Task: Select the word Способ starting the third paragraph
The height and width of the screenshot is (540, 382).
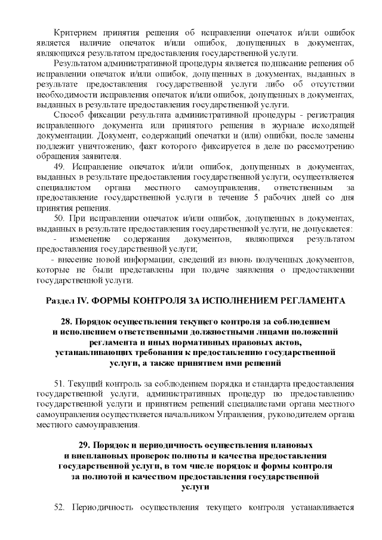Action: pos(67,115)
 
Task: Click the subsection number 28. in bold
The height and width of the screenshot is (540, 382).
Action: pos(70,322)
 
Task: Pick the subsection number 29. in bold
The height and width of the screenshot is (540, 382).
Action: pos(87,446)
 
